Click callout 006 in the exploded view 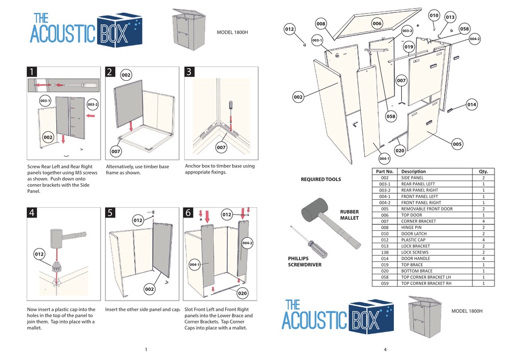(377, 24)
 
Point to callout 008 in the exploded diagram (321, 24)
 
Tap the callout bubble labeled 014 (471, 104)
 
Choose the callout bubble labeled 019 (409, 47)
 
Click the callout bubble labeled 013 (450, 17)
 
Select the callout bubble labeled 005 (457, 144)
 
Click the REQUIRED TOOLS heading (321, 179)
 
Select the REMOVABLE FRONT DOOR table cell (426, 209)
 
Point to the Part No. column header (385, 171)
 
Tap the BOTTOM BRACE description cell (417, 271)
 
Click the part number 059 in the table (385, 283)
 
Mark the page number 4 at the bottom (385, 350)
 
